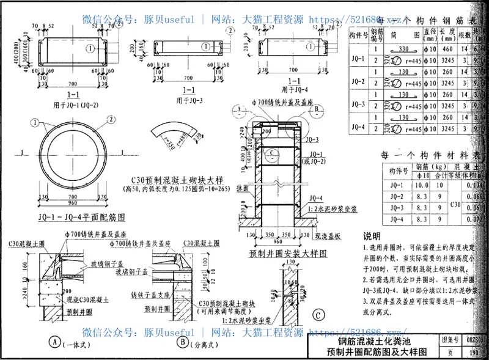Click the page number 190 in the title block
tap(476, 352)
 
